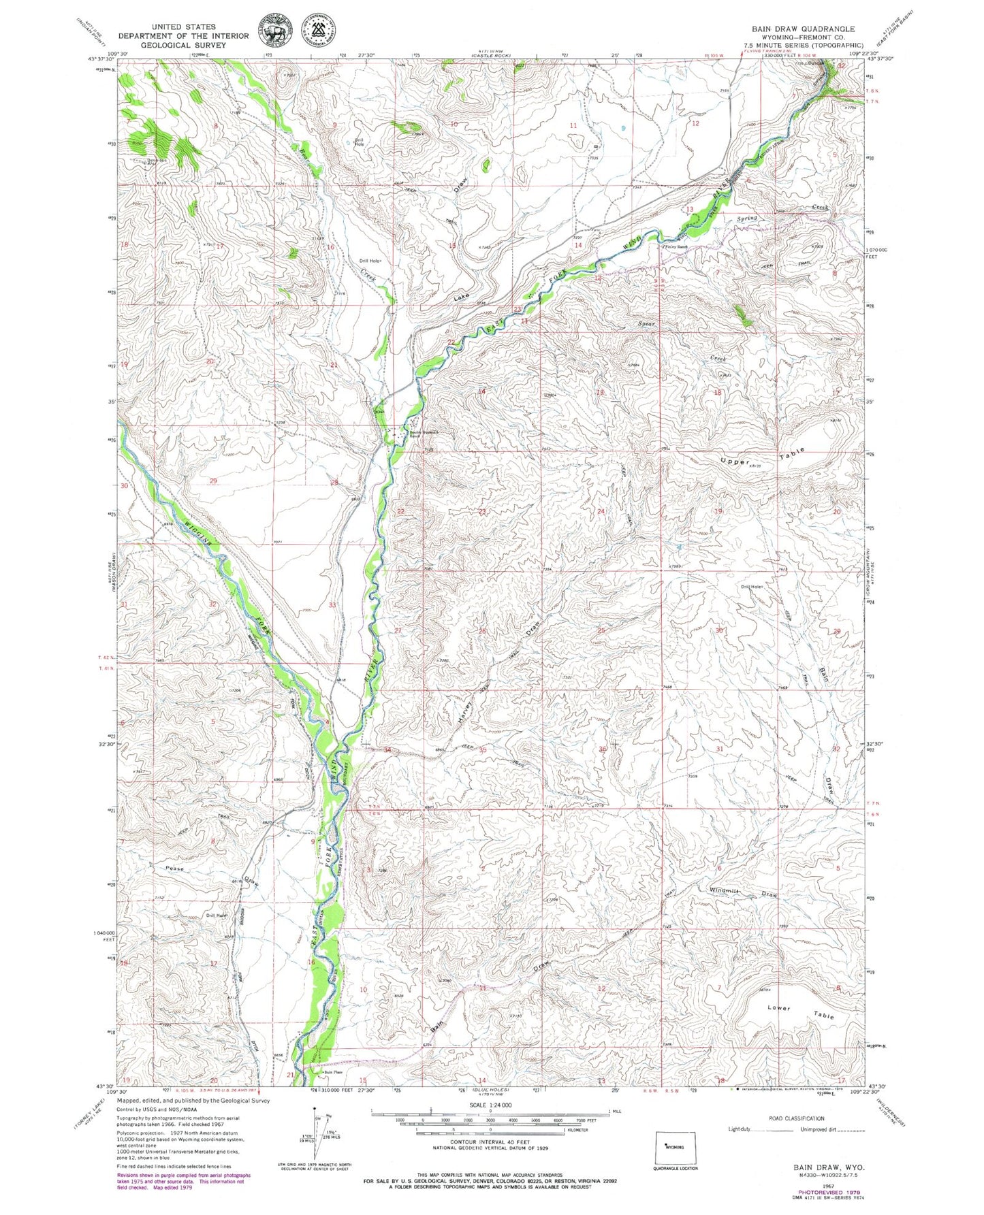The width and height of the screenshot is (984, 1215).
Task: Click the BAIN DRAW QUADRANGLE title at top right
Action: (x=804, y=29)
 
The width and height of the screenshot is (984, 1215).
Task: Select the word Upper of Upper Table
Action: (x=735, y=461)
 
